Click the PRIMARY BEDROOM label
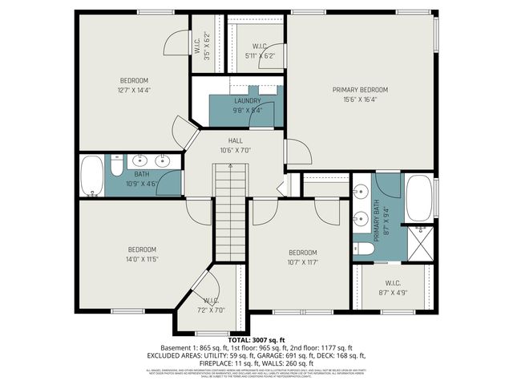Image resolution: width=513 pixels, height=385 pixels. [x=360, y=90]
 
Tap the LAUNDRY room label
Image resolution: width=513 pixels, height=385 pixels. [x=248, y=101]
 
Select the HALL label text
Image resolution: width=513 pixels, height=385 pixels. [x=236, y=140]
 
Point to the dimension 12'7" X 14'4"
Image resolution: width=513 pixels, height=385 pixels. [x=135, y=90]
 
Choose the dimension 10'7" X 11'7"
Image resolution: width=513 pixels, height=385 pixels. [x=304, y=261]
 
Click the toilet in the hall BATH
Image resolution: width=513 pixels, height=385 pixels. [x=115, y=169]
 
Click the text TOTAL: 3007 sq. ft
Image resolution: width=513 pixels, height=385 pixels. [x=256, y=340]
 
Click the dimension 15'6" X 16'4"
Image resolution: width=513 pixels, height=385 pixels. [x=360, y=99]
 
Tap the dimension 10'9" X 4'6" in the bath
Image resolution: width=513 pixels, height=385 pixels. [x=142, y=183]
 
